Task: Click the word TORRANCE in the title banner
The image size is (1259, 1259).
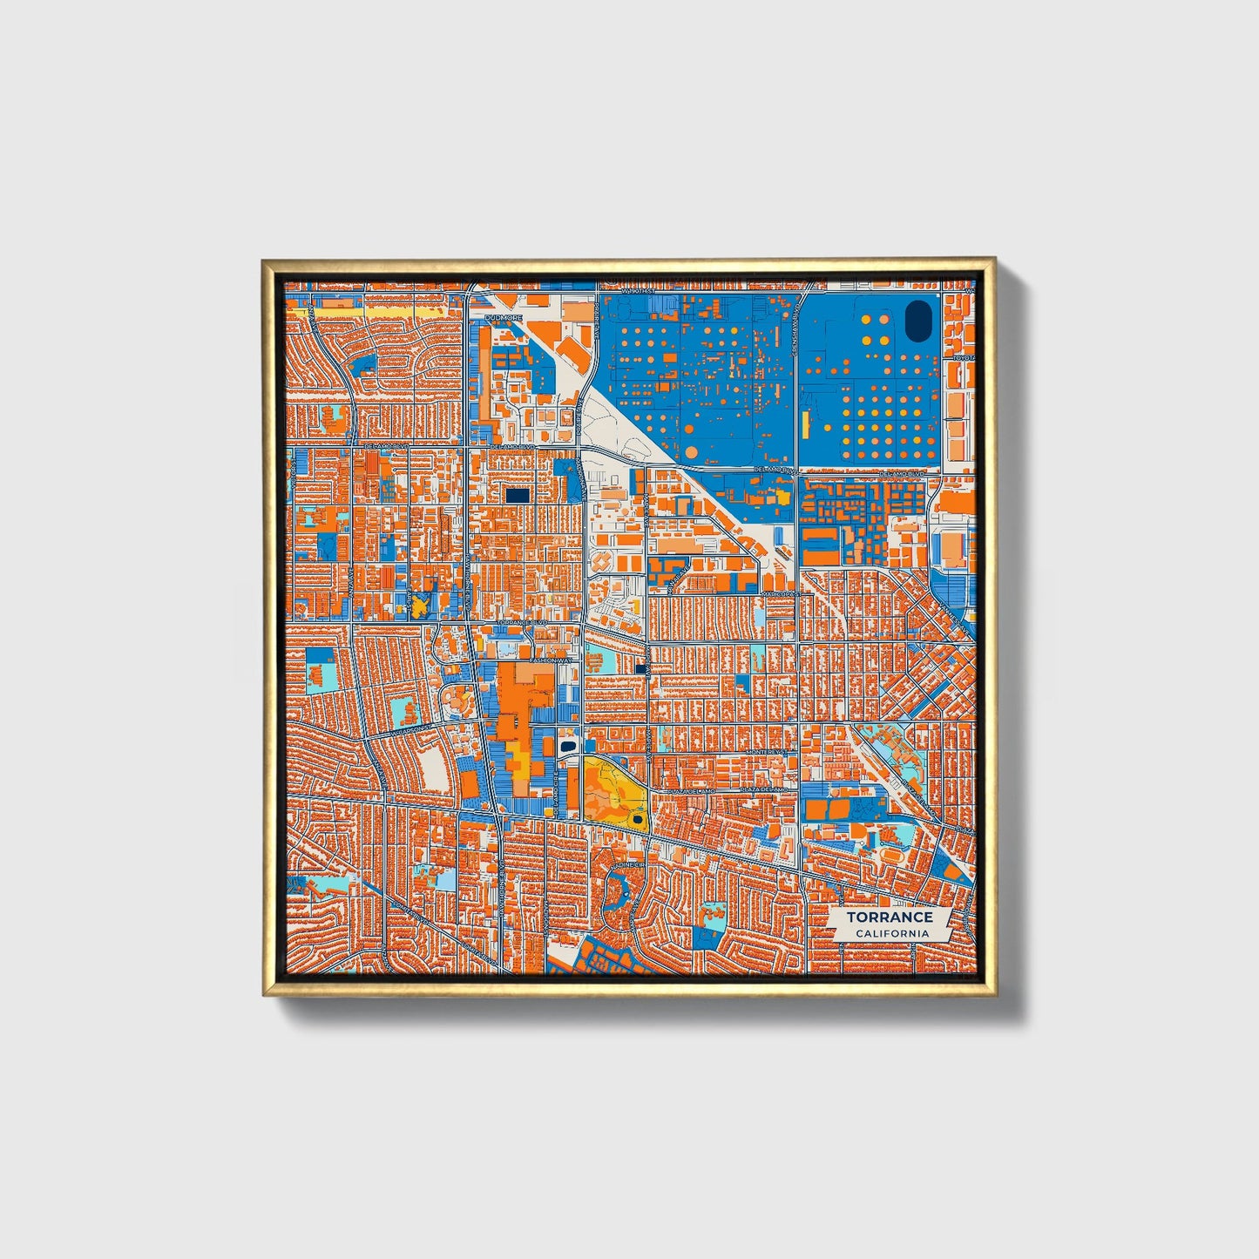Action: click(890, 917)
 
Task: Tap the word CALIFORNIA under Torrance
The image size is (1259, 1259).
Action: click(891, 933)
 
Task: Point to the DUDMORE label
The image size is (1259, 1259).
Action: click(503, 318)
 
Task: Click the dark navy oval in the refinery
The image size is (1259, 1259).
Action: click(917, 321)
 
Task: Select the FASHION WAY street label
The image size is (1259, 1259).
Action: click(533, 660)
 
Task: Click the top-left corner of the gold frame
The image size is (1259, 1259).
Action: click(264, 261)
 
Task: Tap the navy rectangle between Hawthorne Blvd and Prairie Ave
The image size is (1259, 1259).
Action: click(517, 495)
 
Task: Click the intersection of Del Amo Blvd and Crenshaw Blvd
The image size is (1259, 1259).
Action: click(796, 470)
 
